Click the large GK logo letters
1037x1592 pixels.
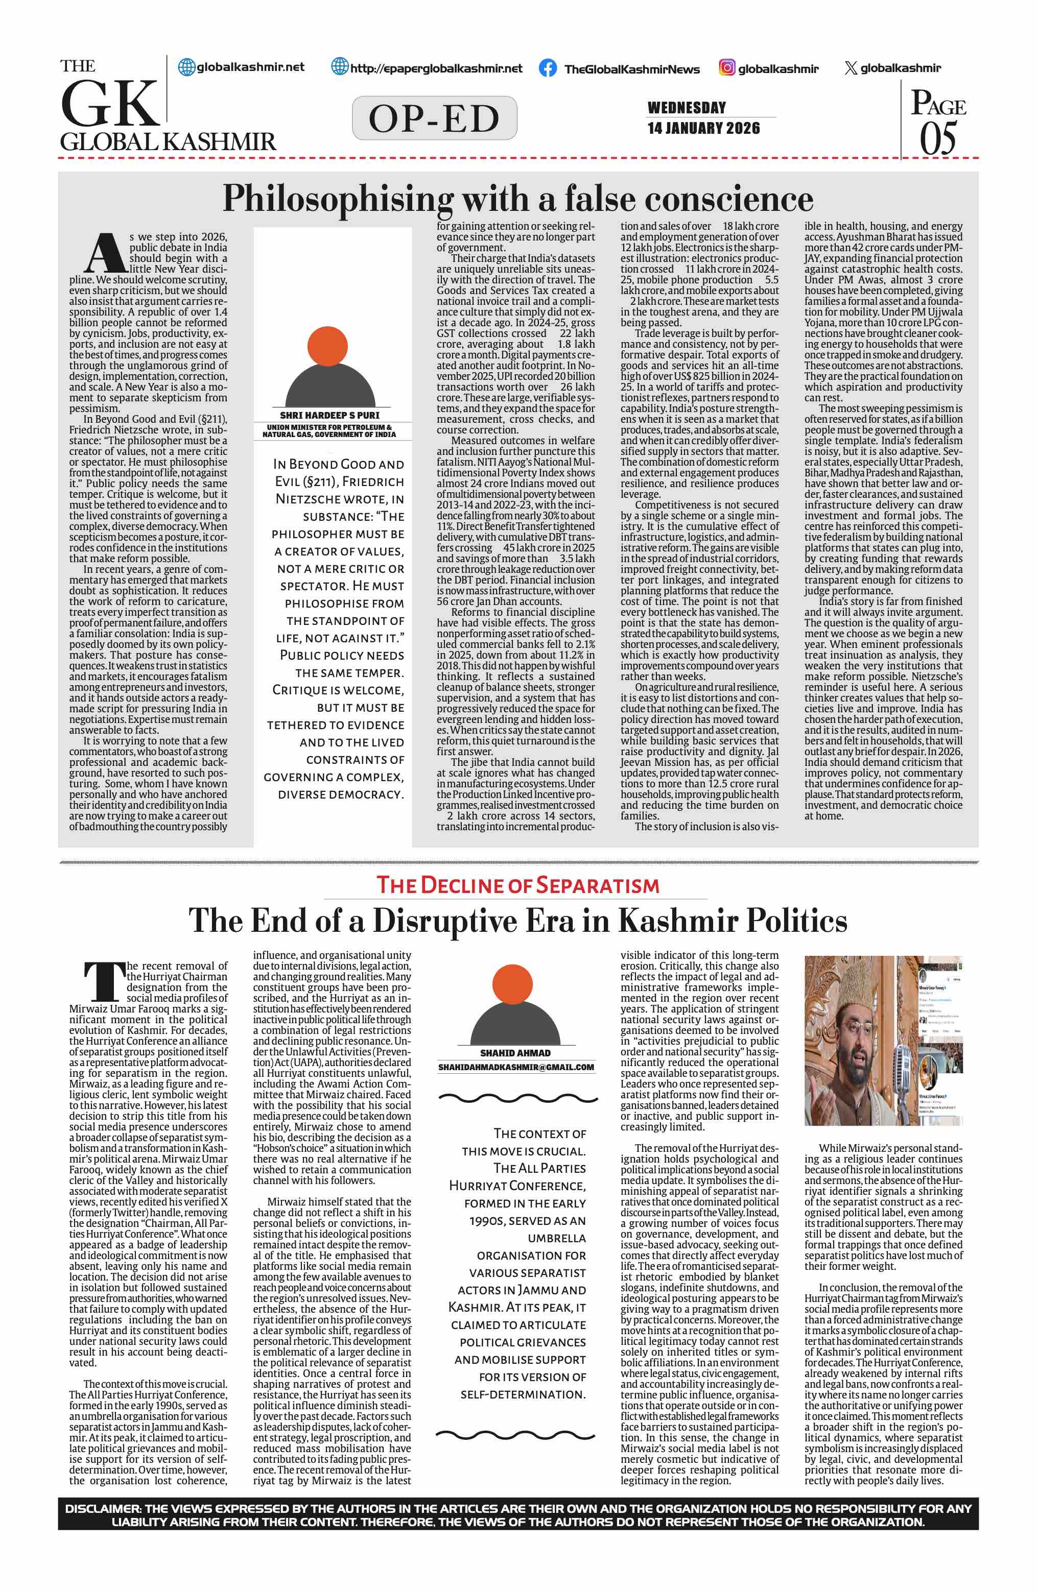pyautogui.click(x=110, y=104)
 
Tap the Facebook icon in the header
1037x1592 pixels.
pyautogui.click(x=547, y=67)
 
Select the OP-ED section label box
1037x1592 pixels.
pyautogui.click(x=434, y=118)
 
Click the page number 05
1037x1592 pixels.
pyautogui.click(x=938, y=138)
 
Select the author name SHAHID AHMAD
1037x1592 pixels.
pyautogui.click(x=515, y=1052)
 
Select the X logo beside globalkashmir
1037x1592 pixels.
pyautogui.click(x=851, y=67)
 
